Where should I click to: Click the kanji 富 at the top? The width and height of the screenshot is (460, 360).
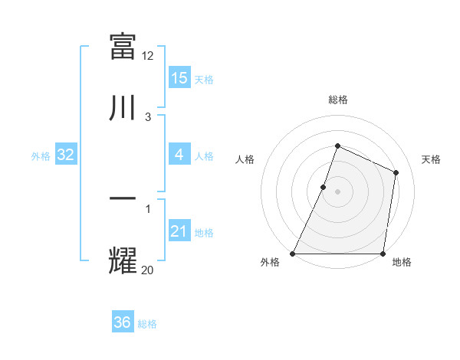123,45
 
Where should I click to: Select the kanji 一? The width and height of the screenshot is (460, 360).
123,200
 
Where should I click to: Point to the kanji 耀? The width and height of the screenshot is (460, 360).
123,261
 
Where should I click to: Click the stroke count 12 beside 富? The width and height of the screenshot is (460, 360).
148,55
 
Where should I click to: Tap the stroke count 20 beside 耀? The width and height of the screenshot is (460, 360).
148,270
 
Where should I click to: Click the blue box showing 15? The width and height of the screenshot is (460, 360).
179,77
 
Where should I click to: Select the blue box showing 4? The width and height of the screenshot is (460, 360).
179,155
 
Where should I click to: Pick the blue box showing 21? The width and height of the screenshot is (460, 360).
179,231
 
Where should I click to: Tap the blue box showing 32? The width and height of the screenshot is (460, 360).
66,155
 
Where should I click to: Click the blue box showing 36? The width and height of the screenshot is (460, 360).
123,322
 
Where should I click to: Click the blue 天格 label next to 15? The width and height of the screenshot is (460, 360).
204,79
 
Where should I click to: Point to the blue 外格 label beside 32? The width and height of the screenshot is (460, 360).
41,156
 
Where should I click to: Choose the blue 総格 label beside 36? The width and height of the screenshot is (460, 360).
147,324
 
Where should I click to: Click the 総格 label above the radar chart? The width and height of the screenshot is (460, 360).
337,100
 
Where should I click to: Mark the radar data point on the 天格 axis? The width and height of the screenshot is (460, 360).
396,172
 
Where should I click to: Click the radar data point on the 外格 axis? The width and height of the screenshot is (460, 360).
293,254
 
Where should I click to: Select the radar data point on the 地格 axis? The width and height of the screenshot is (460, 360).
383,254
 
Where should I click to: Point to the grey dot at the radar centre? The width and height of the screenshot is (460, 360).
337,191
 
